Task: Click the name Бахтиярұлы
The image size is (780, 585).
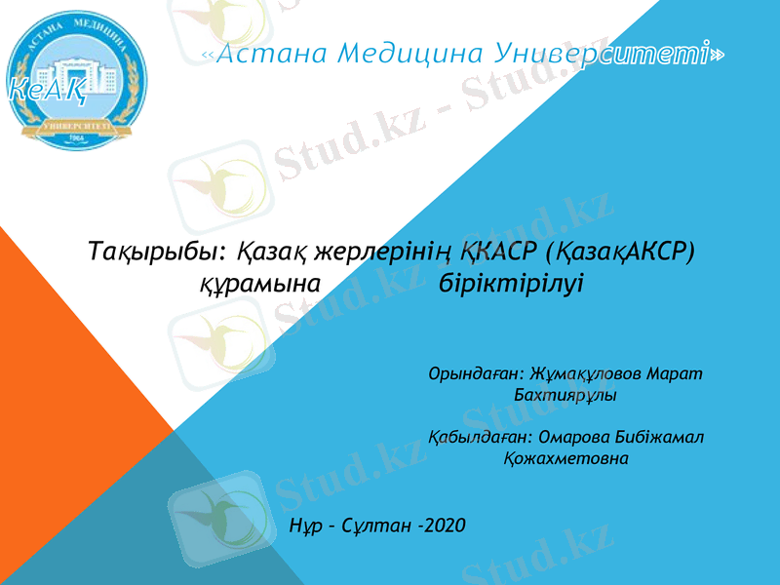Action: pos(565,396)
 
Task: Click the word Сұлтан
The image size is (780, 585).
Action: pos(371,526)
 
